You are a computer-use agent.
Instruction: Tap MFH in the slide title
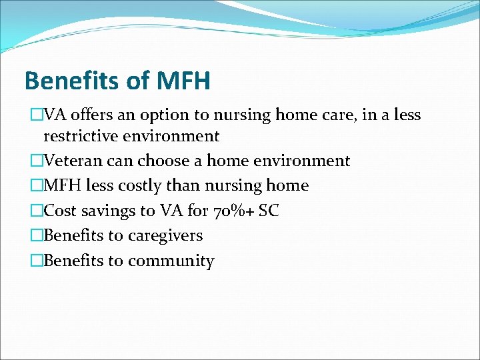(x=183, y=81)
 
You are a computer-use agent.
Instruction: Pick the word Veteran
(x=73, y=161)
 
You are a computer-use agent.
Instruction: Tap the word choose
(x=165, y=161)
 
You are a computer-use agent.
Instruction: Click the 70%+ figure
(x=236, y=211)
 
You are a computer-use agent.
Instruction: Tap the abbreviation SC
(x=269, y=211)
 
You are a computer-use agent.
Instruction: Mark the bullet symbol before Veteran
(x=37, y=161)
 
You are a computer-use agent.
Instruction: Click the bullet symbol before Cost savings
(x=37, y=211)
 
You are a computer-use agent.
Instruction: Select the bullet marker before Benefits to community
(x=37, y=261)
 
